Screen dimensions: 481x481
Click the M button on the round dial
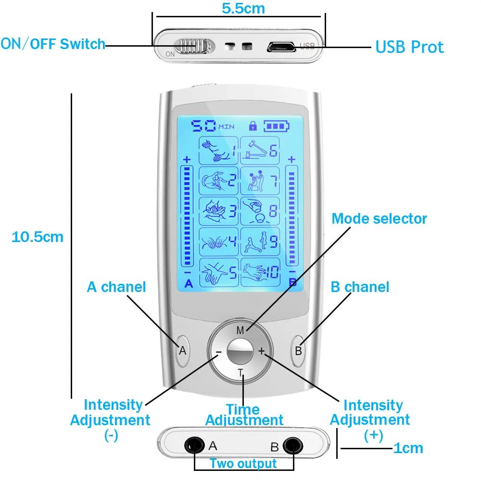[240, 330]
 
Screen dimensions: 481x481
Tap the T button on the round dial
[240, 372]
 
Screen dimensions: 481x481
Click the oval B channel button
[298, 350]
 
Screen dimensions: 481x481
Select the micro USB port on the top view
[282, 47]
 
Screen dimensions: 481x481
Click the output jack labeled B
[291, 445]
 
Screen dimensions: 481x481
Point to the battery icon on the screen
[277, 126]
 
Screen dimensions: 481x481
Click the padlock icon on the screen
[253, 126]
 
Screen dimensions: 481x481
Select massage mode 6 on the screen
[260, 151]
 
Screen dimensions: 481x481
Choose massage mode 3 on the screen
[219, 211]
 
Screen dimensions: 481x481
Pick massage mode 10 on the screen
[260, 273]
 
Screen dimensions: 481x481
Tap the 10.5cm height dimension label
[38, 237]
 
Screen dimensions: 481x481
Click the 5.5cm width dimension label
[243, 8]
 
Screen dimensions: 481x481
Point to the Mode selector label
[379, 219]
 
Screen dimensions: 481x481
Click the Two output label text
[243, 464]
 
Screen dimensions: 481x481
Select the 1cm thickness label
[408, 448]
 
